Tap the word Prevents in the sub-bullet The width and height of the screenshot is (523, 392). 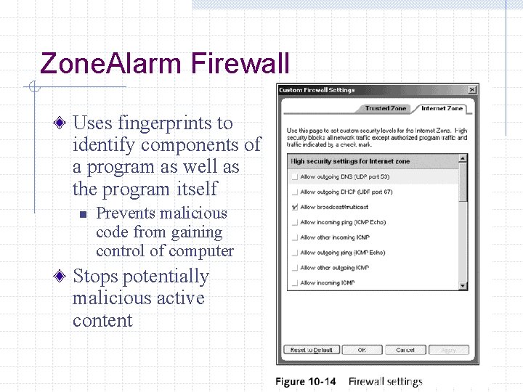click(x=126, y=213)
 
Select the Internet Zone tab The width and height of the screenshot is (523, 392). click(x=442, y=108)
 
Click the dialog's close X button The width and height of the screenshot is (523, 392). click(x=472, y=90)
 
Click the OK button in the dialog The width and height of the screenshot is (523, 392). click(x=362, y=350)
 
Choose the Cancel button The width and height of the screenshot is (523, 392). click(x=405, y=350)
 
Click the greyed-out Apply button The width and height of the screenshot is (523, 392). click(x=449, y=350)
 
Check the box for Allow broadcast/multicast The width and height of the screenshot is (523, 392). click(x=294, y=208)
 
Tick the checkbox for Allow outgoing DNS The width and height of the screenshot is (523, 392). click(x=294, y=177)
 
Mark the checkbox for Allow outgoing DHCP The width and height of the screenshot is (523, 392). click(x=294, y=192)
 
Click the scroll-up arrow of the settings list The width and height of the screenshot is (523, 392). click(x=463, y=159)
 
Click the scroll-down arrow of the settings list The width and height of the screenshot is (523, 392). click(x=463, y=286)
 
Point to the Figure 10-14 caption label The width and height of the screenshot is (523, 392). click(x=306, y=381)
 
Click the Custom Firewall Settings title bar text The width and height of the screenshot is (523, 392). click(x=317, y=90)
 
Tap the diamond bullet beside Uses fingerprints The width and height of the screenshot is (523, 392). click(x=62, y=123)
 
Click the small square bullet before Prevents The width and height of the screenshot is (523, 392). click(x=83, y=214)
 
